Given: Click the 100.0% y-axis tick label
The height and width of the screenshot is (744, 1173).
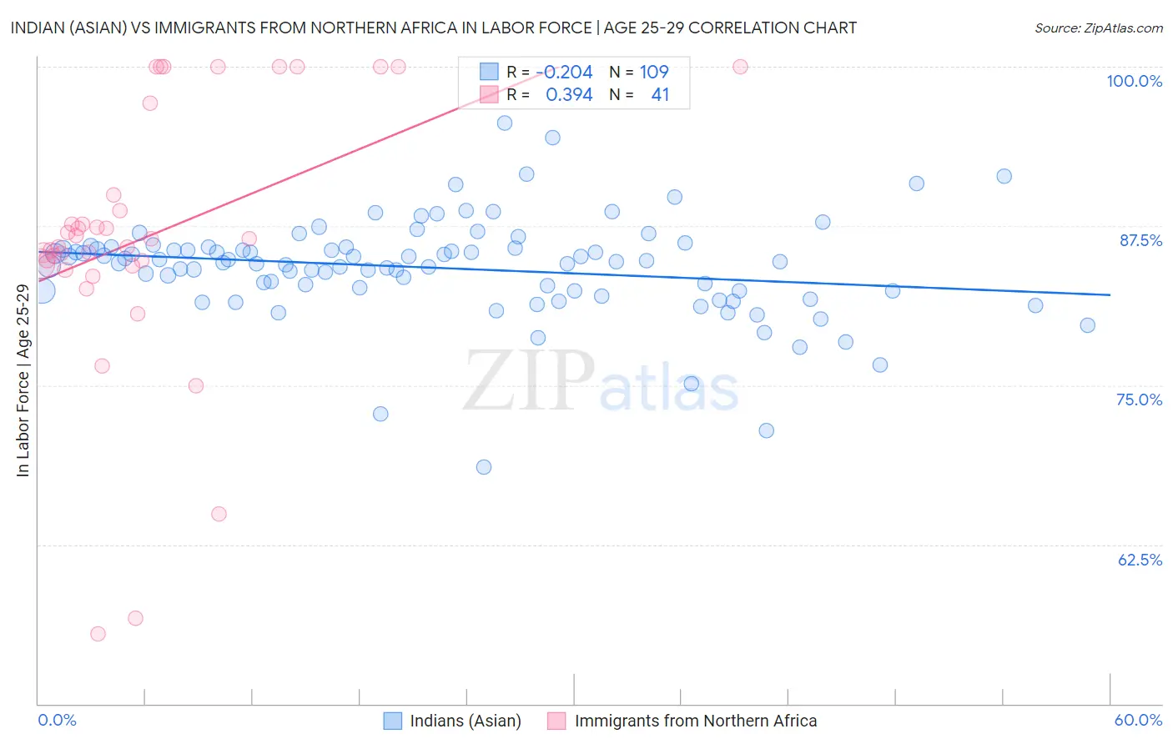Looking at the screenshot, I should coord(1134,81).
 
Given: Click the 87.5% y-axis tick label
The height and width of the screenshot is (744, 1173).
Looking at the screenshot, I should coord(1140,240).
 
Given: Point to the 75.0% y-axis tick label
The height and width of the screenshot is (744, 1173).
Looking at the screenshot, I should coord(1139,400).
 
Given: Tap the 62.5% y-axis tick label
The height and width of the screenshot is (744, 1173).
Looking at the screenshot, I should coord(1140,560).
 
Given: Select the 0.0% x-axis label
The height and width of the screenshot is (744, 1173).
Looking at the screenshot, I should coord(57,720).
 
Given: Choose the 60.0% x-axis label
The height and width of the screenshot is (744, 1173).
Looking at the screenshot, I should coord(1138,720).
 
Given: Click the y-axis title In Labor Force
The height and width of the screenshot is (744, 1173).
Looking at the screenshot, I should coord(23,380).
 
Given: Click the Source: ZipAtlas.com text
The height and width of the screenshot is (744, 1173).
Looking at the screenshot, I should coord(1098,28).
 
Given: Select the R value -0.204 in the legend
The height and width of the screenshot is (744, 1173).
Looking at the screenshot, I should coord(567,73).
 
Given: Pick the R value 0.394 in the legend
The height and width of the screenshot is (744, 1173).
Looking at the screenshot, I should coord(569,95).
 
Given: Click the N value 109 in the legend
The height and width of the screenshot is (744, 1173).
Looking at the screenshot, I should coord(654,73).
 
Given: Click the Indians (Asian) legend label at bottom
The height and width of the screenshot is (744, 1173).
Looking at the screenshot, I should coord(466,721).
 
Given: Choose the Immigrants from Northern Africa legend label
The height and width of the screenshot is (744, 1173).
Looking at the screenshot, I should coord(696,721).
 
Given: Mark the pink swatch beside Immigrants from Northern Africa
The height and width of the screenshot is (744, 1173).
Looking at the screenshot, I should coord(556,721).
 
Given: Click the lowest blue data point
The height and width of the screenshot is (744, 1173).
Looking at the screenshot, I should coord(484,467).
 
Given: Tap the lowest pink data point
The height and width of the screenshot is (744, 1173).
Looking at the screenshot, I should coord(98,634).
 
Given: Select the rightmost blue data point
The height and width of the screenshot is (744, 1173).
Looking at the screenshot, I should coord(1087,325).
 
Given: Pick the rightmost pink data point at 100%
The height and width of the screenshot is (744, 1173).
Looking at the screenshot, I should coord(740,67).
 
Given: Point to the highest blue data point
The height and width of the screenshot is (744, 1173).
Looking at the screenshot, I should coord(505,123).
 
